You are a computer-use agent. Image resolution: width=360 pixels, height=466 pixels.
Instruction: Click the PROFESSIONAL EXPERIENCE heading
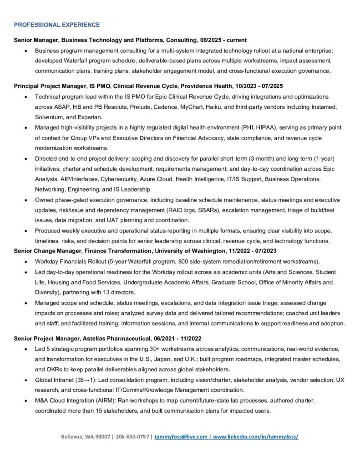coord(57,24)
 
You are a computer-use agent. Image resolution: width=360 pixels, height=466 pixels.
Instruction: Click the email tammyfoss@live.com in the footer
coord(181,436)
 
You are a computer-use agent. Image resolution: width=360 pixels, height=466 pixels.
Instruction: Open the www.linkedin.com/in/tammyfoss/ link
coord(256,436)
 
